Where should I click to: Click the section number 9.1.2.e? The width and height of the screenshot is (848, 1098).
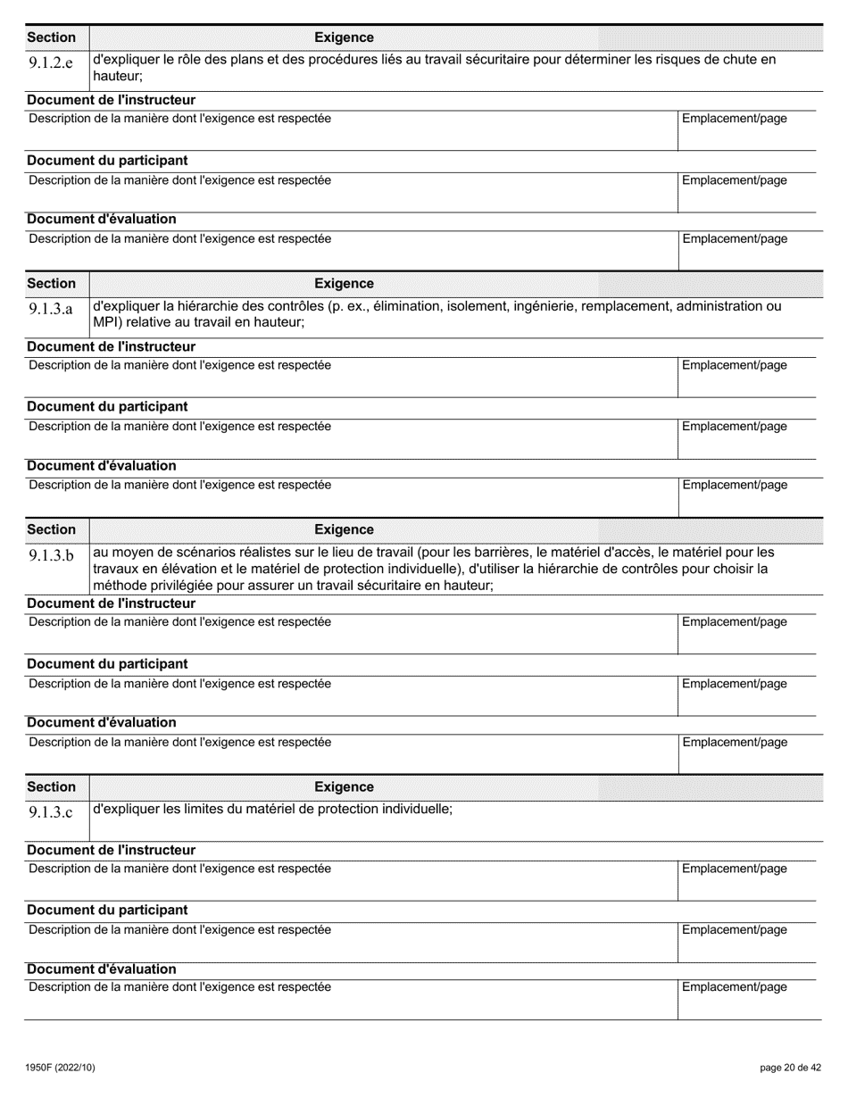click(50, 63)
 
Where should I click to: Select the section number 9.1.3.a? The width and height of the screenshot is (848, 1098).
click(50, 310)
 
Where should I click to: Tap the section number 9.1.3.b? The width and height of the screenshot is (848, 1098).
click(50, 556)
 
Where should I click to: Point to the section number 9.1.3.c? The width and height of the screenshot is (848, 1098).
click(50, 812)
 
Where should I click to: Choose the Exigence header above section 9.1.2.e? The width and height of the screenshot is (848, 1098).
click(344, 37)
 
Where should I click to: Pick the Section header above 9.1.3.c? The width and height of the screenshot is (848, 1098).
click(52, 786)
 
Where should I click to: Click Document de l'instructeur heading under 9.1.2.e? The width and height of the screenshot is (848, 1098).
click(111, 99)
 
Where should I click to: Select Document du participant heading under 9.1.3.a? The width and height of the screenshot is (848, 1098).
click(107, 406)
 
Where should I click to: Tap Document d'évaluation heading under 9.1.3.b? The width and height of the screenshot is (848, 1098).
click(101, 722)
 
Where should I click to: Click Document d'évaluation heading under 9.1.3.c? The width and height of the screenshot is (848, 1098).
click(101, 969)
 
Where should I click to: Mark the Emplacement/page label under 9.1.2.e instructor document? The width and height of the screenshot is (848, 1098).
click(735, 119)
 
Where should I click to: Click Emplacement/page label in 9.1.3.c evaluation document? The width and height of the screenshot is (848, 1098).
click(735, 987)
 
